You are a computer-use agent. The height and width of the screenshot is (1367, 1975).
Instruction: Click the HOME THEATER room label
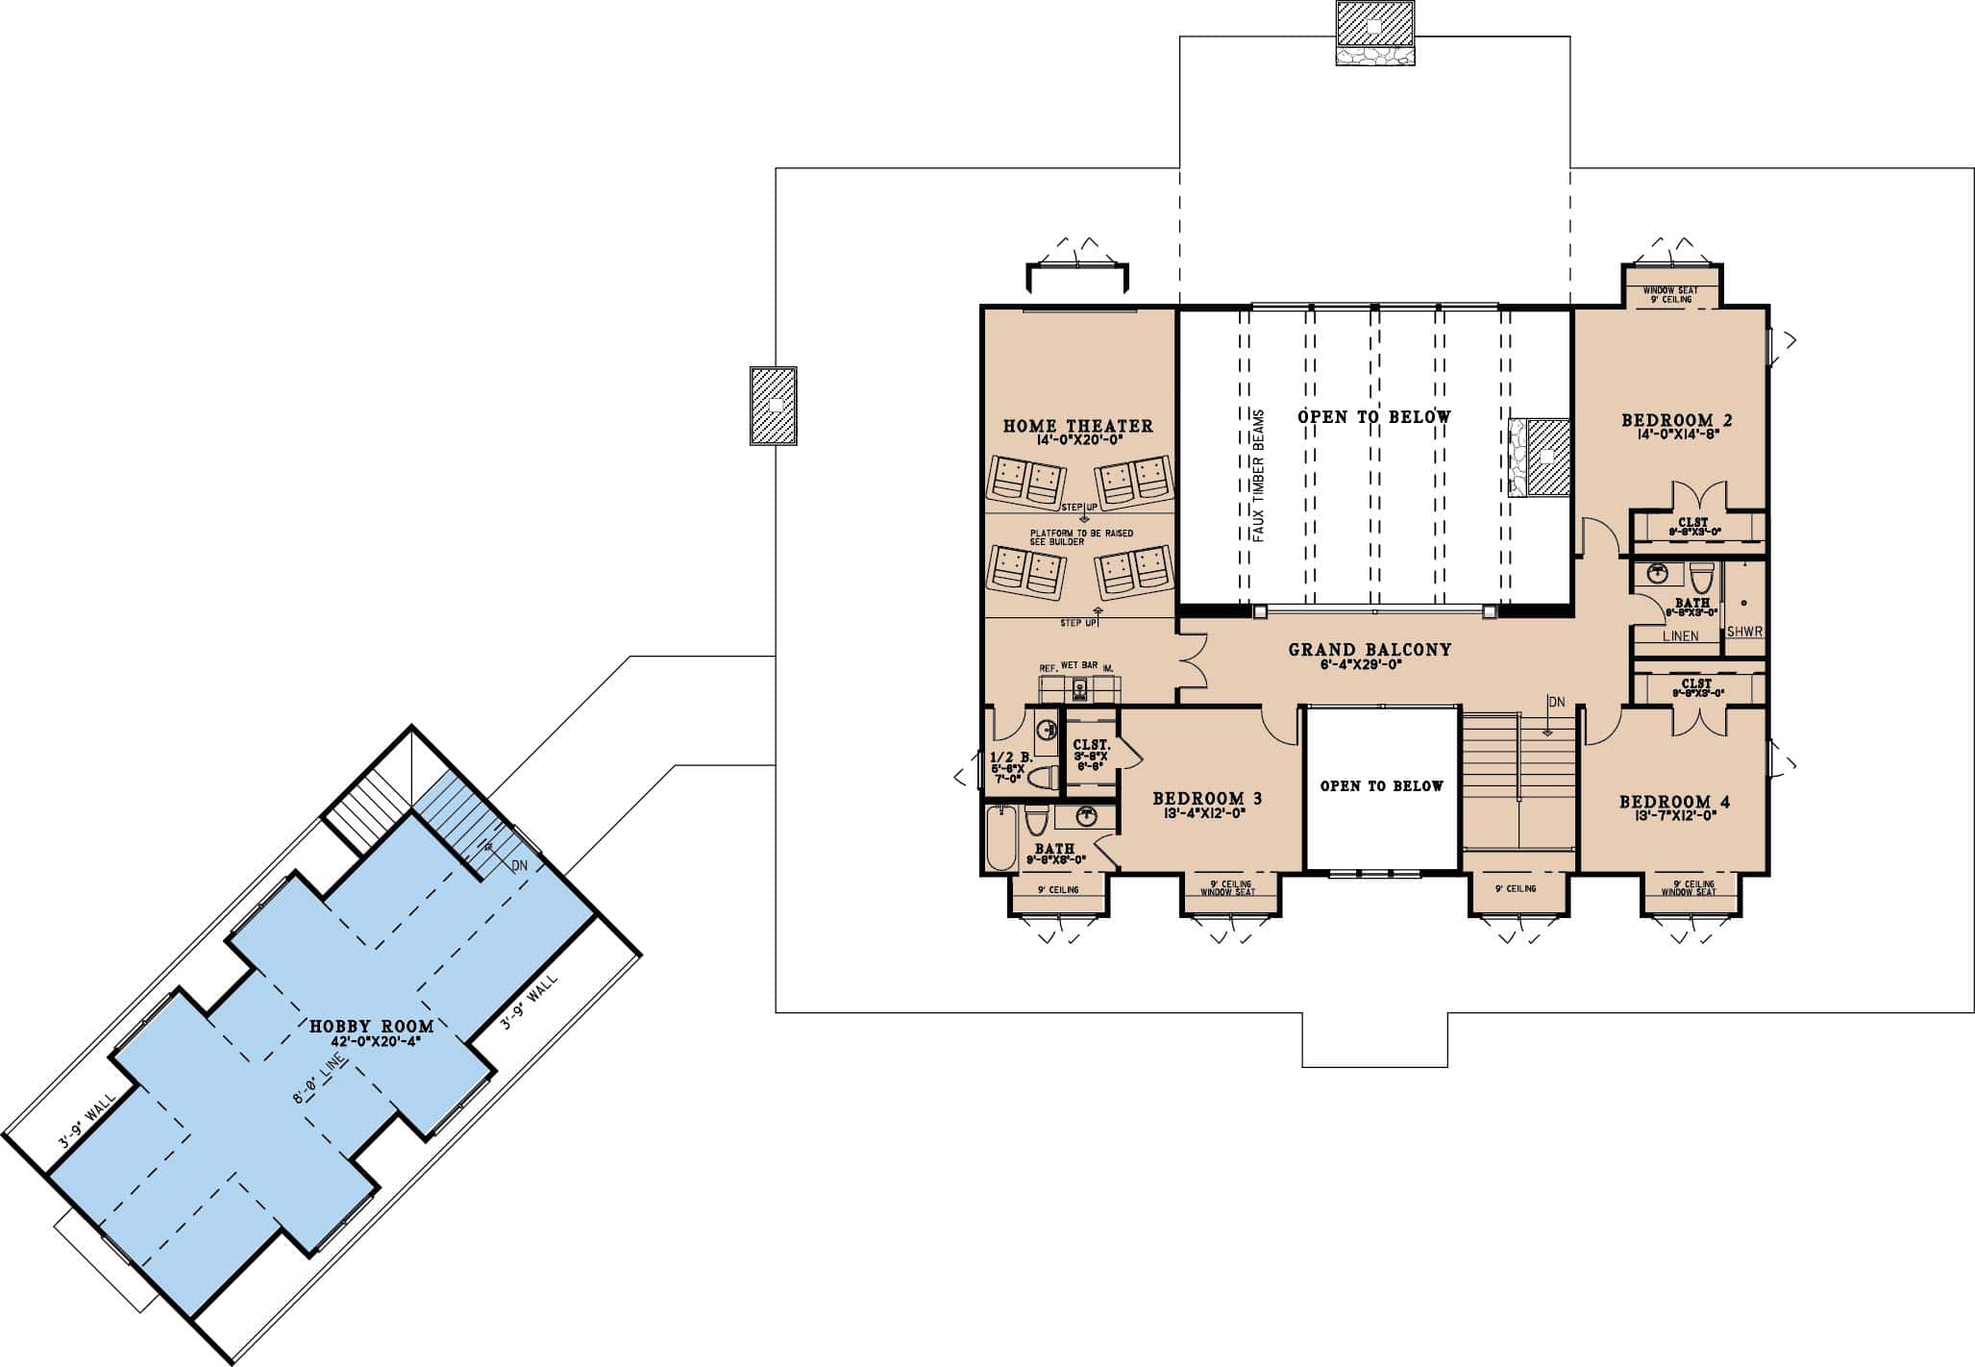[1077, 425]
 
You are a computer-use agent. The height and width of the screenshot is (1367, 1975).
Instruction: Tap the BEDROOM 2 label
[1676, 419]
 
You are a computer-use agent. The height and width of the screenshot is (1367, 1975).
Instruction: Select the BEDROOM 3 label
[1206, 798]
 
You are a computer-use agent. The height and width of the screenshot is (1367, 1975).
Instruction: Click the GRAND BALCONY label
[1369, 650]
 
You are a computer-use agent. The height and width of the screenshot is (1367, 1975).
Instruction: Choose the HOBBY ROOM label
[371, 1027]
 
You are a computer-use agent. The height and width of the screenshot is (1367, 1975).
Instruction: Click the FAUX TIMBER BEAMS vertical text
[1259, 476]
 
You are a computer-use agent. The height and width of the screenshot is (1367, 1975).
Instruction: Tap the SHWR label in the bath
[1743, 632]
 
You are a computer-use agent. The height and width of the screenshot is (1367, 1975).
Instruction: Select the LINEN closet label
[1680, 635]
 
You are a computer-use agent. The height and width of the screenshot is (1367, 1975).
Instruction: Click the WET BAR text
[1079, 665]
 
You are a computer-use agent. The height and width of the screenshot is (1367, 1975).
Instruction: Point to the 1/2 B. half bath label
[1010, 758]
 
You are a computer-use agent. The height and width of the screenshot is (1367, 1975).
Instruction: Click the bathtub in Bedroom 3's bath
[1000, 837]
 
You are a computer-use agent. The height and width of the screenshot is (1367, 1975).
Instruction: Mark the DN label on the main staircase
[1556, 702]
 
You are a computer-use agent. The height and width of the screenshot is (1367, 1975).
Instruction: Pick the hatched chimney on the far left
[773, 405]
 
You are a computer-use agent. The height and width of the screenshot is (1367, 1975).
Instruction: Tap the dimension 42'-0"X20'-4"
[371, 1041]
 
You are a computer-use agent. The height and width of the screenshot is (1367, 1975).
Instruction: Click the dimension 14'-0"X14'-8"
[1676, 434]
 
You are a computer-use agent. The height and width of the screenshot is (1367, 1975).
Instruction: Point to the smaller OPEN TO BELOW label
[1381, 786]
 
